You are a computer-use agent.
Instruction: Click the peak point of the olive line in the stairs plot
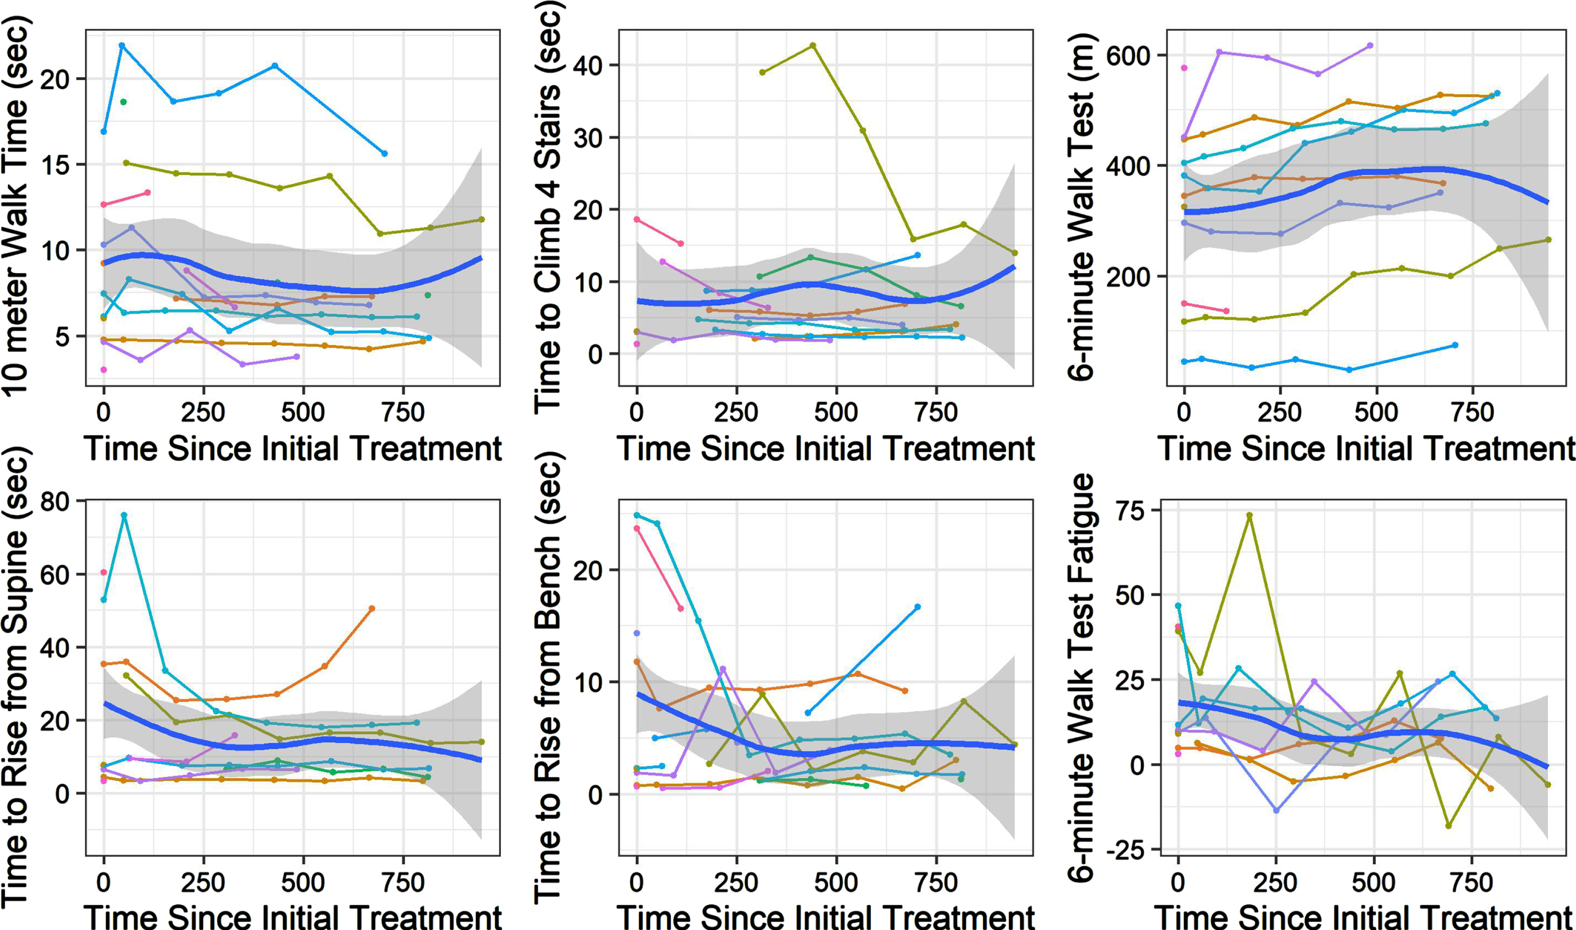coord(813,45)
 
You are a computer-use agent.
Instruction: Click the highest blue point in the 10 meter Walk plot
coord(122,45)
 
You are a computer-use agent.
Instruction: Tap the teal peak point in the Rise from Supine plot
coord(124,515)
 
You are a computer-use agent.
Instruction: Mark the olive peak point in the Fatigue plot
coord(1249,515)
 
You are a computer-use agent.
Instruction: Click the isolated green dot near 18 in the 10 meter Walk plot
coord(124,102)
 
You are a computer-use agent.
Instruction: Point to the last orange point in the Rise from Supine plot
coord(372,609)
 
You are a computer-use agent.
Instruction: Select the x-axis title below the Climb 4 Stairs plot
coord(826,449)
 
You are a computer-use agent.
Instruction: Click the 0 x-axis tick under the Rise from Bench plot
coord(637,883)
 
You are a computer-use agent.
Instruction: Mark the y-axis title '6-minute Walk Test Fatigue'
coord(1081,678)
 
